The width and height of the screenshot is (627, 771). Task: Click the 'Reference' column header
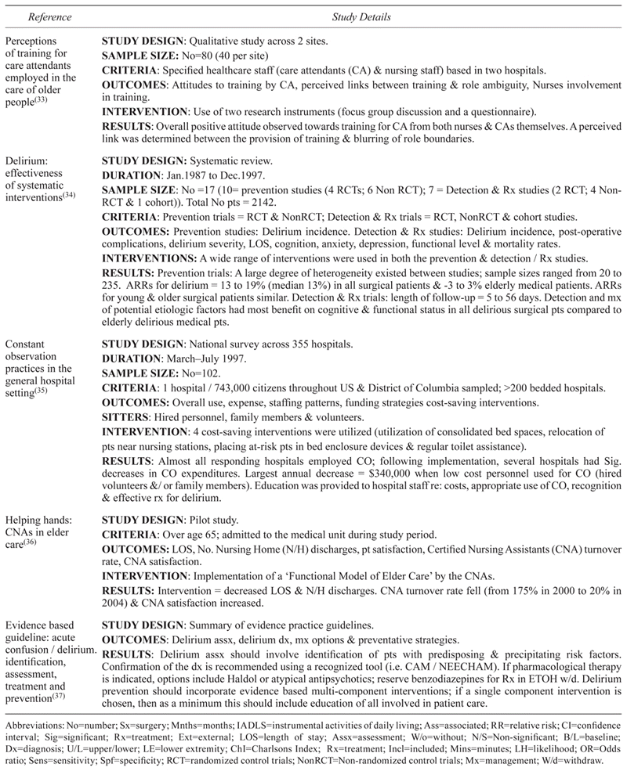coord(49,13)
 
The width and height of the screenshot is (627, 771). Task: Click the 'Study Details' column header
coord(362,13)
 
